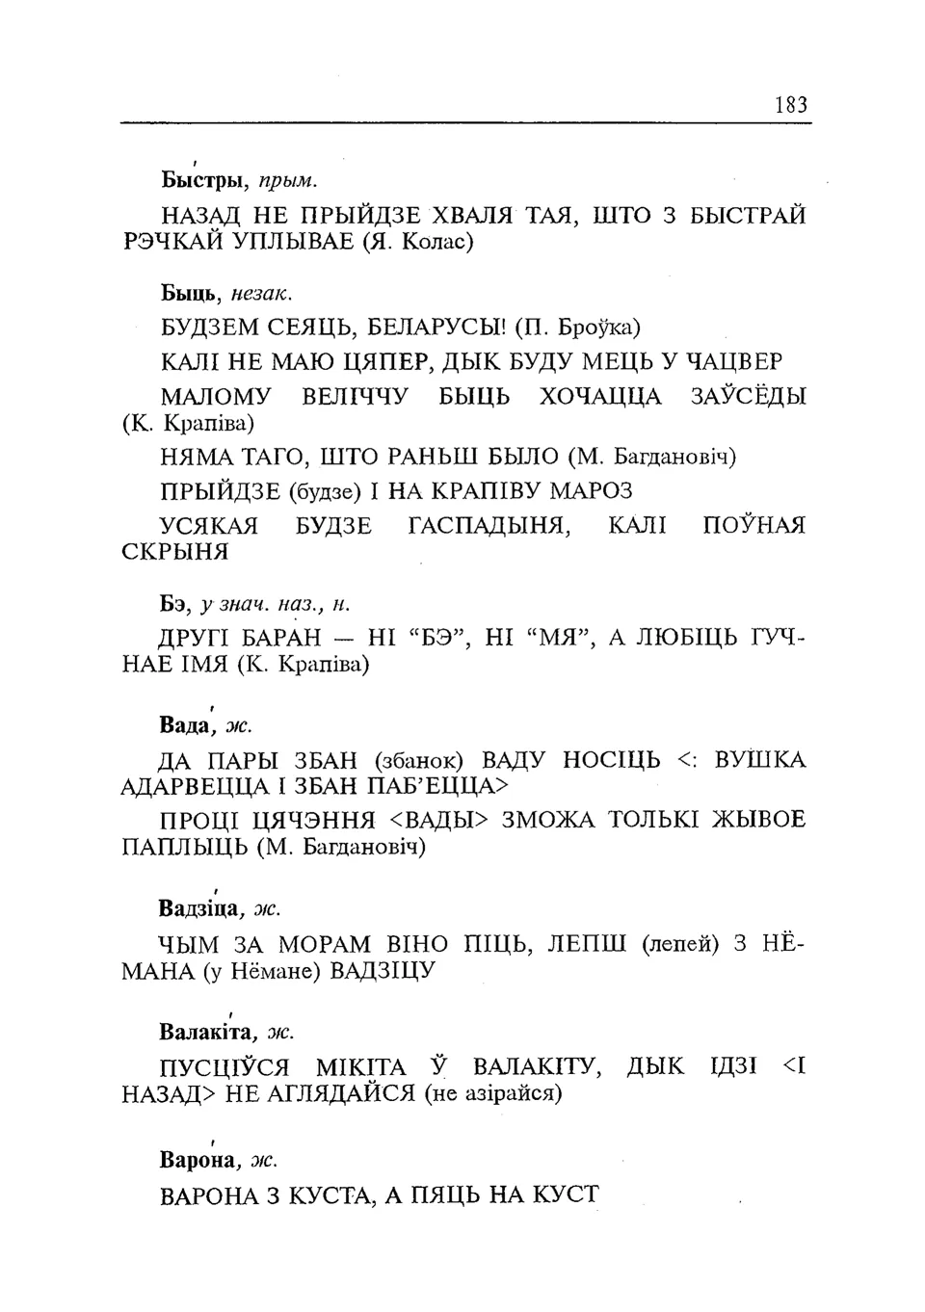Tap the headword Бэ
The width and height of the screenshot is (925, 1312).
tap(172, 604)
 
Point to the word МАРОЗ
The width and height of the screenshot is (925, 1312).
tap(591, 491)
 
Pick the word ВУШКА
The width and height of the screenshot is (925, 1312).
tap(759, 760)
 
